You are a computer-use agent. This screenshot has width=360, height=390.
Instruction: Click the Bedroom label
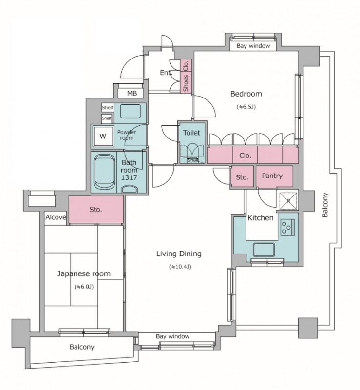(x=246, y=94)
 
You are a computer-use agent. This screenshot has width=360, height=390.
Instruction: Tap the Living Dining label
(x=179, y=253)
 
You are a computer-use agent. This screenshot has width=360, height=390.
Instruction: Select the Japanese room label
(x=84, y=274)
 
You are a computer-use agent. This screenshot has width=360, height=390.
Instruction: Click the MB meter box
(x=131, y=93)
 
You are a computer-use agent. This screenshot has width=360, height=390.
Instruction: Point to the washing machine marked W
(x=103, y=136)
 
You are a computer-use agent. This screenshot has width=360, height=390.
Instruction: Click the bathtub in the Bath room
(x=105, y=172)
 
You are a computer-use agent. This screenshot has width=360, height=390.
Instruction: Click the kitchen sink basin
(x=264, y=250)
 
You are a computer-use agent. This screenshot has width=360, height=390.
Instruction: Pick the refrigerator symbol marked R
(x=288, y=201)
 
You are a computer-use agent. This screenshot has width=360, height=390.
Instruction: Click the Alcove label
(x=56, y=217)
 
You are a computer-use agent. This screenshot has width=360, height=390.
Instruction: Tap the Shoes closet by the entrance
(x=186, y=82)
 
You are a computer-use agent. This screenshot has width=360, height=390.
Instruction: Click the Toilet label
(x=191, y=133)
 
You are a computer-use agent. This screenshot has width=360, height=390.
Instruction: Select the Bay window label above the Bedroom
(x=253, y=46)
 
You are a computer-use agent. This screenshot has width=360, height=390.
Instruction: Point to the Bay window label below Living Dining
(x=173, y=336)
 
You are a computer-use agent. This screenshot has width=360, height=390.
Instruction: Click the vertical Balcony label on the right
(x=325, y=205)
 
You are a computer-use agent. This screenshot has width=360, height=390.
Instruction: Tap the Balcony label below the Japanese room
(x=82, y=347)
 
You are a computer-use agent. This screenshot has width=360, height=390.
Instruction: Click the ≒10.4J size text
(x=180, y=267)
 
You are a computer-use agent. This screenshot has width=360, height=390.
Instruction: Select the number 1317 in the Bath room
(x=129, y=177)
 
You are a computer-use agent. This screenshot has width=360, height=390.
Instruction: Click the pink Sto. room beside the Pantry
(x=243, y=176)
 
